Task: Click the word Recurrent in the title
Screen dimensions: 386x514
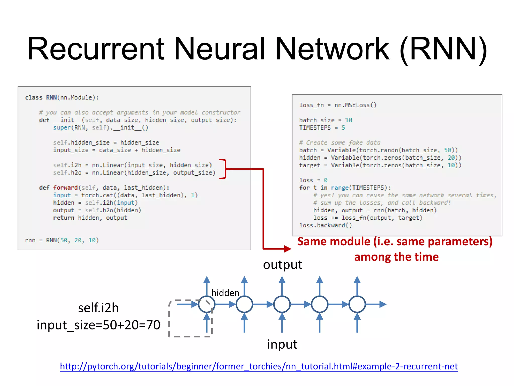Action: pos(96,49)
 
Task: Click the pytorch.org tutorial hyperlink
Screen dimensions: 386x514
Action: pos(259,366)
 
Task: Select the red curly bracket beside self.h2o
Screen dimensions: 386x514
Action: pos(223,169)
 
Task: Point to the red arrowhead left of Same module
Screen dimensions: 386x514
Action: pos(287,249)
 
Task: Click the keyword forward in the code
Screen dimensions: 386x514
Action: pos(65,188)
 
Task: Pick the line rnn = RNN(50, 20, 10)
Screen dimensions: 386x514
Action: pos(62,240)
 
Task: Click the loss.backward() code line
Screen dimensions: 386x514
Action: pos(326,225)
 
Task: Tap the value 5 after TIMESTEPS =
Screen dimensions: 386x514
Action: pos(343,128)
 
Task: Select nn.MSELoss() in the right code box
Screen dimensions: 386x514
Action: pos(355,105)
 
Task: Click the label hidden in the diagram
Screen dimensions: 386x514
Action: pos(225,293)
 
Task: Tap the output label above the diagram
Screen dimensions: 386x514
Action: pos(283,265)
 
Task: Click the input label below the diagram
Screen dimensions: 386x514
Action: pos(282,344)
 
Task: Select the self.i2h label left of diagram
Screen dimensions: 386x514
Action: pos(98,308)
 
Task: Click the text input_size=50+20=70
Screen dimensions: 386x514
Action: pos(98,325)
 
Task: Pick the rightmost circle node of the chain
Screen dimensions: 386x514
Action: pos(357,304)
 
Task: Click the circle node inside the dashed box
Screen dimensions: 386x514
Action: pos(207,304)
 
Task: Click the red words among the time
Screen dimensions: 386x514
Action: pos(396,257)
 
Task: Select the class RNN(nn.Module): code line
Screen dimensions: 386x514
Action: pos(62,98)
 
